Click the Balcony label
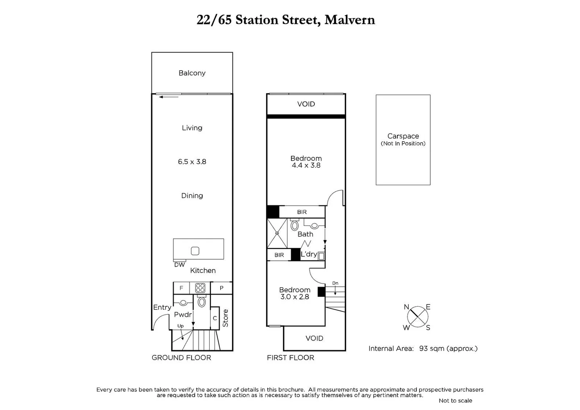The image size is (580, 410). pyautogui.click(x=192, y=73)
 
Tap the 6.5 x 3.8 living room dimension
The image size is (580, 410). pyautogui.click(x=192, y=162)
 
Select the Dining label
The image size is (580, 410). pyautogui.click(x=192, y=196)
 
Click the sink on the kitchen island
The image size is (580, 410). pyautogui.click(x=195, y=251)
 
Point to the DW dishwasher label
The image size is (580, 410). pyautogui.click(x=180, y=265)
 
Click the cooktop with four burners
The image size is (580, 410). pyautogui.click(x=200, y=288)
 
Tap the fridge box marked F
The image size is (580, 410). pyautogui.click(x=181, y=288)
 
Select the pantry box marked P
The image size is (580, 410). pyautogui.click(x=221, y=288)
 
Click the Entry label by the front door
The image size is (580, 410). pyautogui.click(x=162, y=307)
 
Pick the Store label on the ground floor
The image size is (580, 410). pyautogui.click(x=225, y=318)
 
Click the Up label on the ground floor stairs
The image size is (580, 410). pyautogui.click(x=180, y=326)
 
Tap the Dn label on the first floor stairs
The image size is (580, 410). pyautogui.click(x=335, y=283)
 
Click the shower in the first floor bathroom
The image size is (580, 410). pyautogui.click(x=277, y=233)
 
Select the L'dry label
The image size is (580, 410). pyautogui.click(x=309, y=254)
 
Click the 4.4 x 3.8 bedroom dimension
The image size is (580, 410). pyautogui.click(x=306, y=166)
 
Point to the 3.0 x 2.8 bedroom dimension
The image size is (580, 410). pyautogui.click(x=295, y=297)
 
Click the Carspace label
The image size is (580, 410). pyautogui.click(x=403, y=136)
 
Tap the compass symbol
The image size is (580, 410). pyautogui.click(x=418, y=317)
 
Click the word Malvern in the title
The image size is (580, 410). pyautogui.click(x=350, y=20)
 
